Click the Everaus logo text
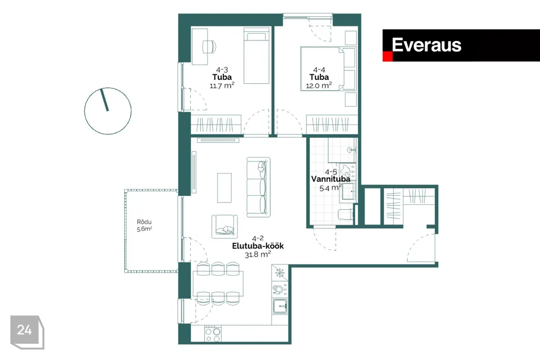(x=426, y=45)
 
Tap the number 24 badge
(x=25, y=331)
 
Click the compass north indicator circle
(x=107, y=111)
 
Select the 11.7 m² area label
(x=222, y=85)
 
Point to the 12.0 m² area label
(x=319, y=85)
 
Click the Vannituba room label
(x=331, y=179)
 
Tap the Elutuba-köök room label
(x=258, y=246)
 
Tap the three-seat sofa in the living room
(x=258, y=186)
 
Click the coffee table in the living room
(x=226, y=187)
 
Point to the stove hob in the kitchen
(x=213, y=335)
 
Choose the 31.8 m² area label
(x=258, y=254)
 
